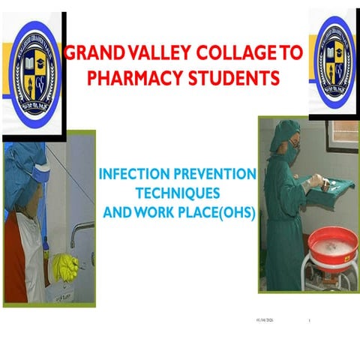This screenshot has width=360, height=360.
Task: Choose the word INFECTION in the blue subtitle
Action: point(136,175)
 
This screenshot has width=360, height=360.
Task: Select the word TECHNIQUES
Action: point(178,193)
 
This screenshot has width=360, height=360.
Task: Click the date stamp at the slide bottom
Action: point(266,320)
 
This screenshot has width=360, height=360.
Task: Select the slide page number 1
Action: point(309,320)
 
